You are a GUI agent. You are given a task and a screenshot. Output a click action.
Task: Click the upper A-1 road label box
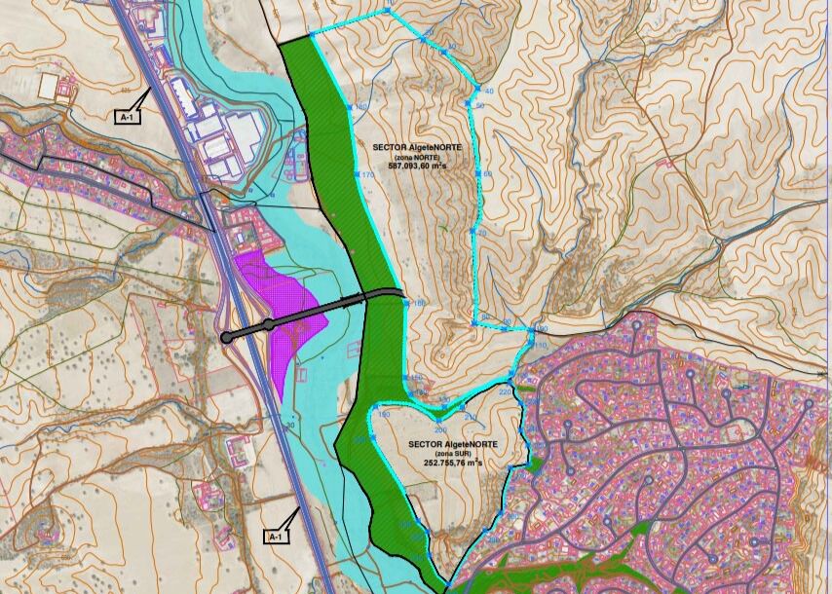126,117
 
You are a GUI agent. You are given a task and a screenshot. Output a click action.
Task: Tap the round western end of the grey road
227,338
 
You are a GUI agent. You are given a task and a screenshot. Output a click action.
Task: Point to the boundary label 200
439,429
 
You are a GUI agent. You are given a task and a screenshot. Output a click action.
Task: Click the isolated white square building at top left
48,85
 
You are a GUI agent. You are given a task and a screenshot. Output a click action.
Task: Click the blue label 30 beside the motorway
291,425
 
